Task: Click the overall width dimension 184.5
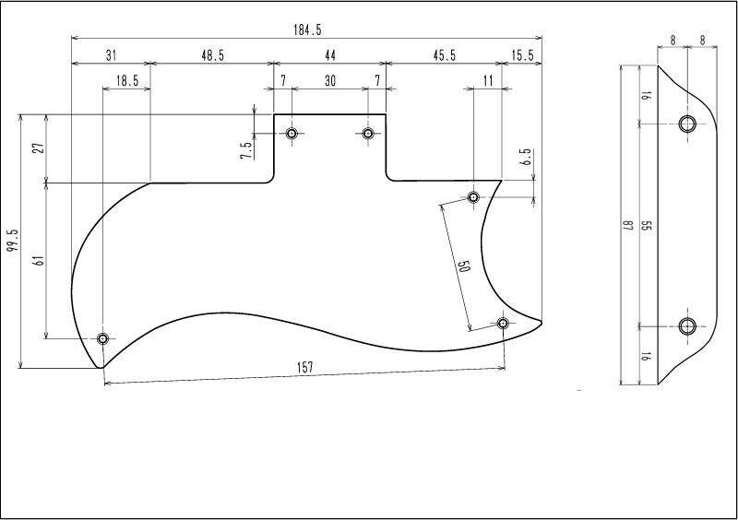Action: pos(307,30)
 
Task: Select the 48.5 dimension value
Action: pos(213,55)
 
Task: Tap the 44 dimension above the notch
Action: pos(330,55)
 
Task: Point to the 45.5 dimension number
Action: pos(445,55)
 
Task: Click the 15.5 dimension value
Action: pos(522,55)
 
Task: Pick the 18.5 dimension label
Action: pos(127,80)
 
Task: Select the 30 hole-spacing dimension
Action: pos(330,80)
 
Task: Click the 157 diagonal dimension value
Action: pos(305,367)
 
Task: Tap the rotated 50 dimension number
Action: pos(464,266)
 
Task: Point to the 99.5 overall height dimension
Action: pos(13,240)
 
